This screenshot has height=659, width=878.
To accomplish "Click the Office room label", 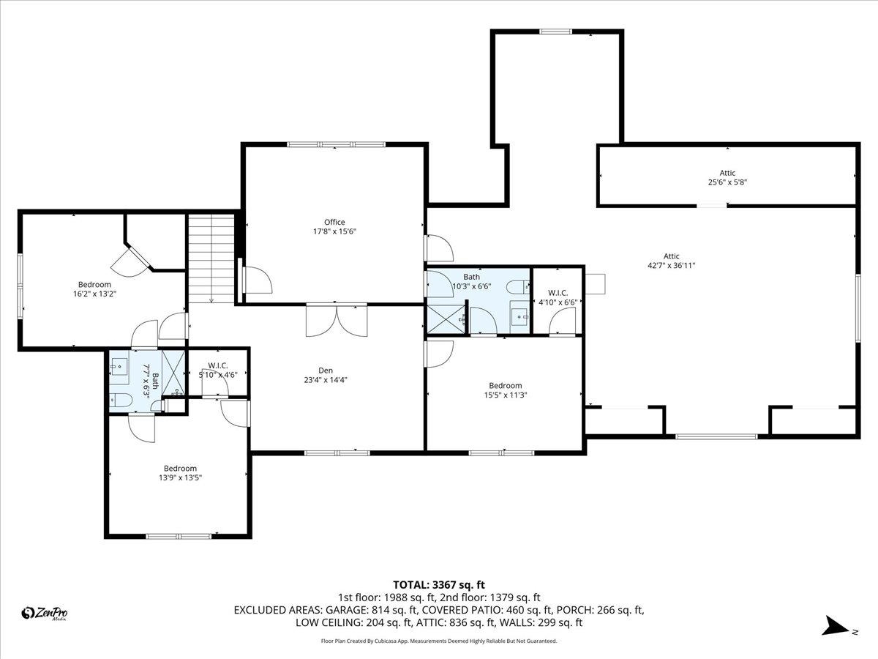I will click(x=334, y=222).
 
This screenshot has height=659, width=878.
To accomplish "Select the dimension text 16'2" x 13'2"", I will click(x=94, y=294).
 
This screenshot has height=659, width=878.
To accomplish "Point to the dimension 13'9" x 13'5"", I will click(x=180, y=477).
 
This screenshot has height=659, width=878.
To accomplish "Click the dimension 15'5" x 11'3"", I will click(x=505, y=395).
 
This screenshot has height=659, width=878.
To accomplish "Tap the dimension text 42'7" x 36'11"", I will click(x=671, y=265).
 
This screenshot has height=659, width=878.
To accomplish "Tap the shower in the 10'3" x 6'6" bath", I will click(x=443, y=319).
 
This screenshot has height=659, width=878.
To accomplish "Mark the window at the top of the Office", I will click(x=336, y=144).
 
